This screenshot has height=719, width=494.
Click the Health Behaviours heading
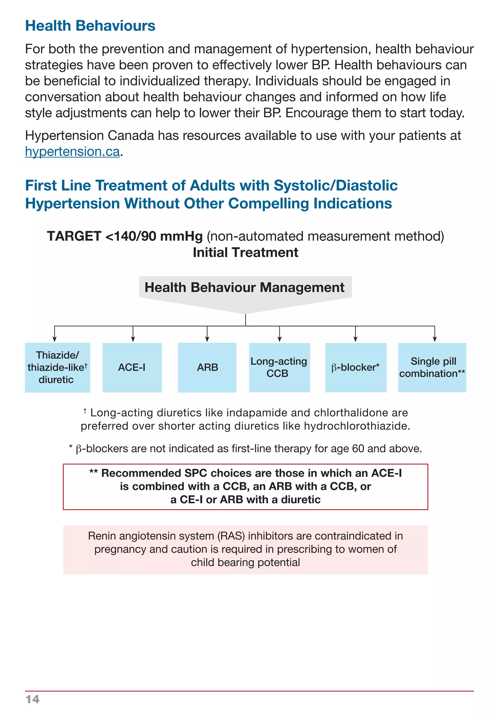tap(90, 26)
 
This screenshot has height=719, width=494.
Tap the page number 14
tap(33, 699)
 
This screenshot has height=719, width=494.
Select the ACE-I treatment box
tap(132, 368)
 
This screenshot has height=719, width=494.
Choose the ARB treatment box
tap(207, 368)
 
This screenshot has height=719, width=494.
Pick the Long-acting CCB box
tap(279, 368)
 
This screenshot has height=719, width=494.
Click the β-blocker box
tap(356, 368)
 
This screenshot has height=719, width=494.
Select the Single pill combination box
tap(432, 368)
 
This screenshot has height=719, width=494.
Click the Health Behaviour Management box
tap(245, 288)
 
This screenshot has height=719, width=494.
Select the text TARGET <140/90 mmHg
tap(125, 236)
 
